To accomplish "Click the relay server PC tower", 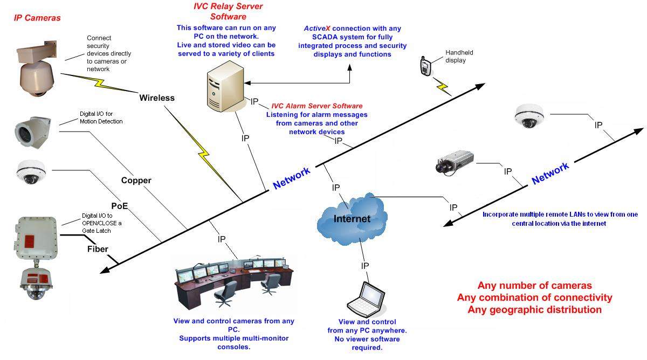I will tap(221, 89).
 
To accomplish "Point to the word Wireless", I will tap(157, 98).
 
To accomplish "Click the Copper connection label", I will tap(136, 181).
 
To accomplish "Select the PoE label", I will tap(120, 205).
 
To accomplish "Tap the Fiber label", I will tap(98, 249).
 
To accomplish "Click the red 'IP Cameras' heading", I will tap(37, 18).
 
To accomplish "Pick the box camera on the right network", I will tap(455, 162).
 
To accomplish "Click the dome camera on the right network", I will tap(529, 116).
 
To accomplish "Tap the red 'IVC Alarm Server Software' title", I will tap(316, 106).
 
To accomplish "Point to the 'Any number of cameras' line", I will tap(534, 286).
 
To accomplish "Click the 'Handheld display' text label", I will tap(459, 57).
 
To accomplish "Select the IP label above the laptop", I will tap(365, 266).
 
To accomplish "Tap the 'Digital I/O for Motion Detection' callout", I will tap(101, 117).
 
